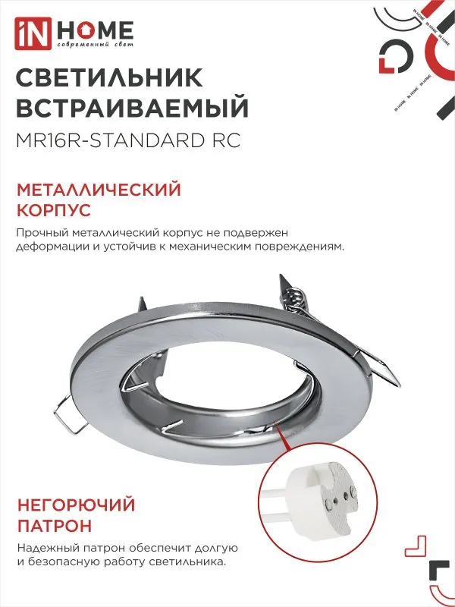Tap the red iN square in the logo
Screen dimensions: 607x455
coord(37,30)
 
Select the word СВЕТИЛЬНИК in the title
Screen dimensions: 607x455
coord(109,78)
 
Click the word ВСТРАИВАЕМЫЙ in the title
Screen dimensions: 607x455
coord(132,108)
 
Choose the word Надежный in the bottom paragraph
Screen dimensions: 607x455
coord(44,548)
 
